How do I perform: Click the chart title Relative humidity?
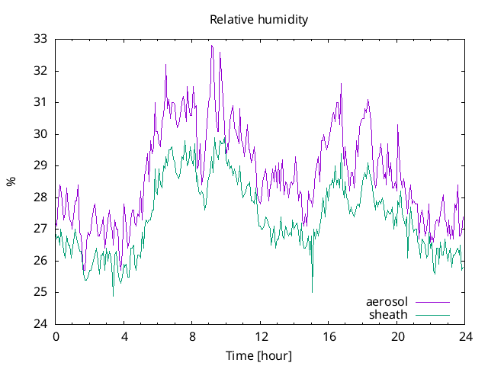[259, 20]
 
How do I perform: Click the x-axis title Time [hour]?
[259, 356]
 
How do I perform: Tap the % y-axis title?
[11, 181]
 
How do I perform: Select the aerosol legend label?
[387, 301]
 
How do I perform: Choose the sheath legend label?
[389, 314]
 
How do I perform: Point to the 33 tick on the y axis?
[40, 39]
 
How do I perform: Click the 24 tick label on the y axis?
[40, 324]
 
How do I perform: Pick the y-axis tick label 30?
[40, 134]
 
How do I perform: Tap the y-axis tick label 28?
[40, 197]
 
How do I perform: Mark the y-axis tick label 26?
[40, 261]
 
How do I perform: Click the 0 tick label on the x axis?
[55, 336]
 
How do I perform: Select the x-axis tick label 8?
[192, 336]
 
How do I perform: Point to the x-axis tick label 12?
[261, 336]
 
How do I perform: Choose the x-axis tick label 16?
[329, 336]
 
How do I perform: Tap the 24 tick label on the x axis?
[465, 336]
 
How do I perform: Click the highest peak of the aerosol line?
[212, 46]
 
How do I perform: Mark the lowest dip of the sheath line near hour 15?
[312, 291]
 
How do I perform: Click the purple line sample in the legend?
[432, 302]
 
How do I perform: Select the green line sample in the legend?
[432, 314]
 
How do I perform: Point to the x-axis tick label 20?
[397, 336]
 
